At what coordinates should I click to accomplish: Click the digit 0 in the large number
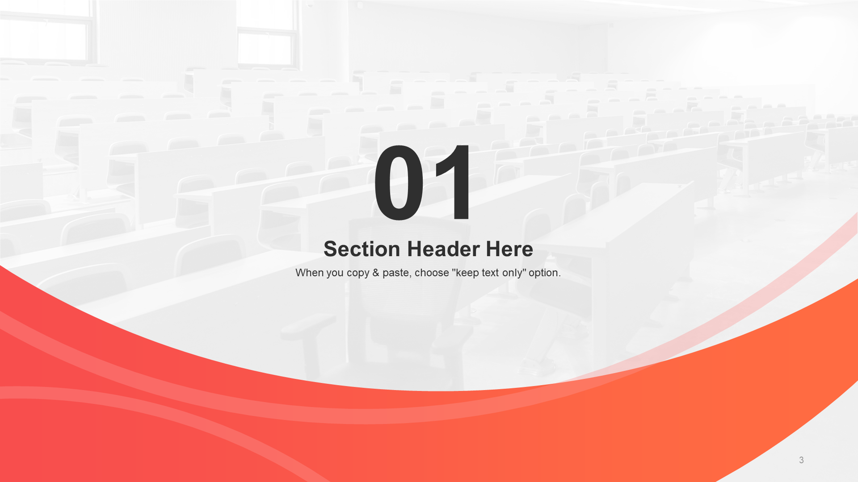(x=399, y=182)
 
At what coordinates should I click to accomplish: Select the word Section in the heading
(x=362, y=249)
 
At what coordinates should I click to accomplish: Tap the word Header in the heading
(x=444, y=249)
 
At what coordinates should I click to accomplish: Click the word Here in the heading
(x=509, y=249)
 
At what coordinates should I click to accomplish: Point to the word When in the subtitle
(x=310, y=273)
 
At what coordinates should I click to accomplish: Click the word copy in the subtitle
(x=358, y=274)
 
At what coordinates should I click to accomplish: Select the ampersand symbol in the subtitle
(x=376, y=273)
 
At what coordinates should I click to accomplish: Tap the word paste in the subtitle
(x=396, y=274)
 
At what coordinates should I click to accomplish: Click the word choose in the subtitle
(x=432, y=273)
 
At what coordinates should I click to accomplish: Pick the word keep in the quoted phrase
(x=467, y=274)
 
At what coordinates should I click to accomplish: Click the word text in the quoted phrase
(x=490, y=273)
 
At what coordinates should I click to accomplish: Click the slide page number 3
(x=801, y=460)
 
